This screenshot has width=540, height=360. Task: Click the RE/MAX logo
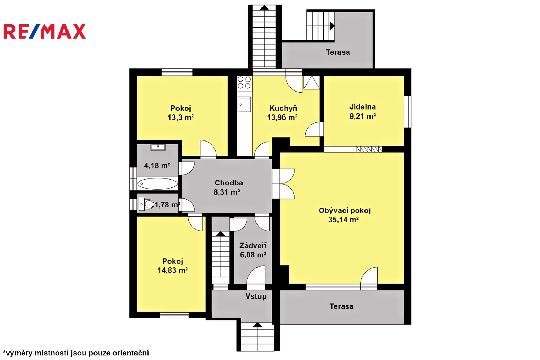(x=45, y=31)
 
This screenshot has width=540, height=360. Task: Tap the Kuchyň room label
(x=283, y=108)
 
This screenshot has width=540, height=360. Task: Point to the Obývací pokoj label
(x=345, y=211)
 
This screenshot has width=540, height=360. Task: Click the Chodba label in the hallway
(x=229, y=183)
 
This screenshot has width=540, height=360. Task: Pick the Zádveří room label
(x=253, y=246)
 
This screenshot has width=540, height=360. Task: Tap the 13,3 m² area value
(x=181, y=117)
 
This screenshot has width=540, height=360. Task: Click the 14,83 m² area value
(x=172, y=270)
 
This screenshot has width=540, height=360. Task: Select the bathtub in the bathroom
(x=157, y=184)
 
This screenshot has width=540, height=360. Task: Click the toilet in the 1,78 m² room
(x=146, y=204)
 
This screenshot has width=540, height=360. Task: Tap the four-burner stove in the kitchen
(x=244, y=82)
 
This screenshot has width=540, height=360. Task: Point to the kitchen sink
(x=244, y=104)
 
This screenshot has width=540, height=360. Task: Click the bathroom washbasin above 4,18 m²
(x=158, y=147)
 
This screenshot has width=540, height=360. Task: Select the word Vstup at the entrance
(x=256, y=296)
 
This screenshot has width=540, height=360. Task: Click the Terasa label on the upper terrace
(x=338, y=52)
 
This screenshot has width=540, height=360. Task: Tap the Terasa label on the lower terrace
(x=341, y=306)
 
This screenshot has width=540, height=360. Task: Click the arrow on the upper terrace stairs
(x=332, y=26)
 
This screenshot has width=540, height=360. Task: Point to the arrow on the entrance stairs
(x=258, y=325)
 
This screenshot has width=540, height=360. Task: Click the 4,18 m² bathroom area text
(x=157, y=165)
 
